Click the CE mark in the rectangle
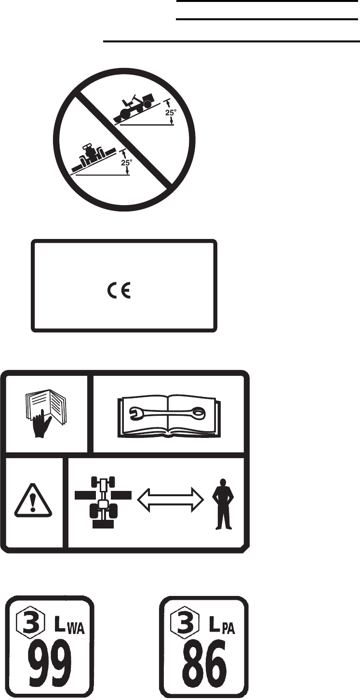(x=119, y=292)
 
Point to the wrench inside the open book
(x=168, y=412)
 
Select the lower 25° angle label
(x=127, y=162)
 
